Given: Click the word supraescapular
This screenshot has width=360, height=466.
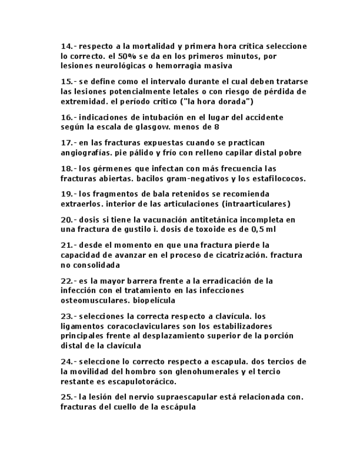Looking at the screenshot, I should click(180, 397).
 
